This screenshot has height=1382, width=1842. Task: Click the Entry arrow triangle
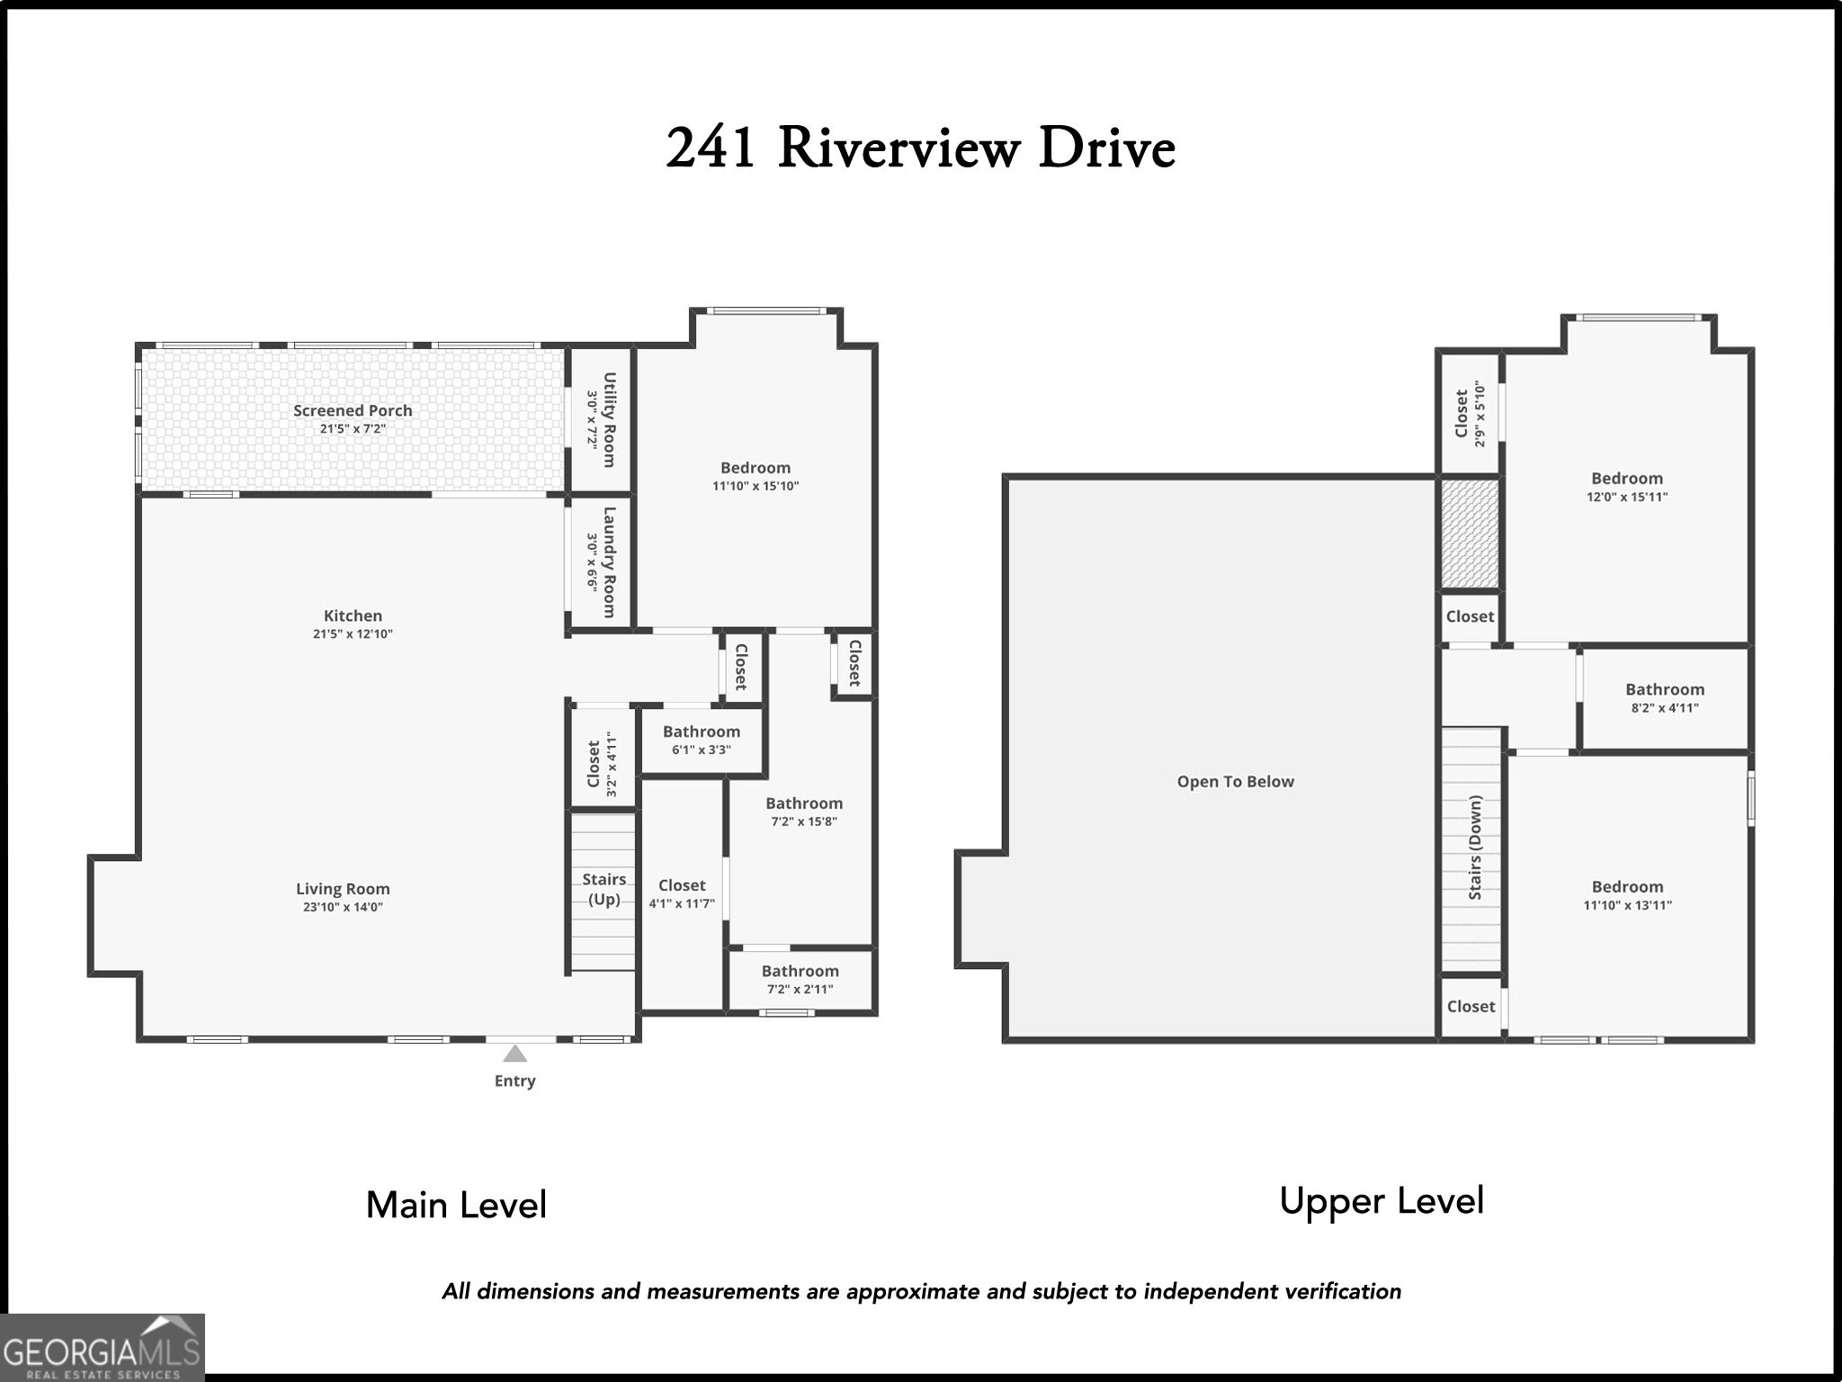514,1054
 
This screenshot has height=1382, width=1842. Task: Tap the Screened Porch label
353,410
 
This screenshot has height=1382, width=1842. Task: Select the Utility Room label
609,420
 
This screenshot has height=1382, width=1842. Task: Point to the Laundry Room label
609,562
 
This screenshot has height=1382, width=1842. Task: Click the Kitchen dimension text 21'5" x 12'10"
353,633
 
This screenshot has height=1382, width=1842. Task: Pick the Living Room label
343,889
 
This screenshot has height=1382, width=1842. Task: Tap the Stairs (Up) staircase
603,892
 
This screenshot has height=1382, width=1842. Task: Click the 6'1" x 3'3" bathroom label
702,740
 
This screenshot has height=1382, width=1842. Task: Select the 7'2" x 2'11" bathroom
800,980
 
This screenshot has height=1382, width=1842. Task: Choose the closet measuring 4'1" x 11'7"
682,895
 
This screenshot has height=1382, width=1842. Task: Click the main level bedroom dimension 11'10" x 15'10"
756,486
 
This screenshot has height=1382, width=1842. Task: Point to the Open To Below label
1236,782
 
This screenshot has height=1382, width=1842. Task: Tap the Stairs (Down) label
1475,848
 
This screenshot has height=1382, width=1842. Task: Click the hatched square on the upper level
1470,534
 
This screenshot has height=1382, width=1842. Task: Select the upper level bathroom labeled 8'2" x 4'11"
1665,698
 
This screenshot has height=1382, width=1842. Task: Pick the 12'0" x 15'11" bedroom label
1627,487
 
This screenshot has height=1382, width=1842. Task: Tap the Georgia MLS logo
103,1347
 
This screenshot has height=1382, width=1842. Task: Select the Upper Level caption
1381,1202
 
